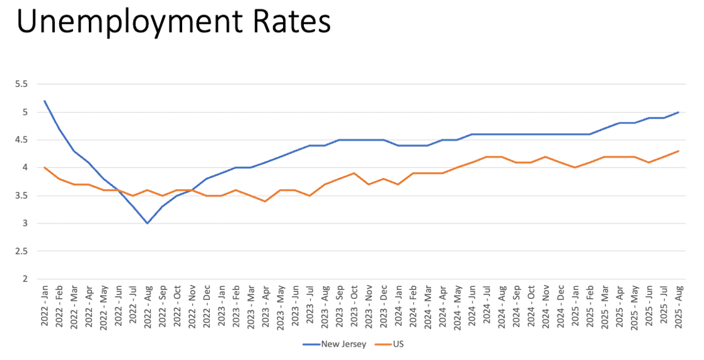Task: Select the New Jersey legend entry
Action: click(335, 344)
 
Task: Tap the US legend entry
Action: click(389, 344)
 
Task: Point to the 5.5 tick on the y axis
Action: click(21, 84)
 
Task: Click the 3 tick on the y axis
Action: click(25, 223)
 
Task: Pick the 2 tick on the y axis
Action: click(25, 279)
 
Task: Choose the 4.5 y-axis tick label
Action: click(21, 139)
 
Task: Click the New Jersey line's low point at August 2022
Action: click(147, 223)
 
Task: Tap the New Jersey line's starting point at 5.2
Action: click(45, 101)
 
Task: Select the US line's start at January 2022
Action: click(45, 168)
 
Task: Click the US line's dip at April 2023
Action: click(265, 201)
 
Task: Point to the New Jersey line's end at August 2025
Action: click(678, 112)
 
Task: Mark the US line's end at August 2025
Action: click(678, 151)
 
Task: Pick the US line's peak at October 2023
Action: click(354, 173)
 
